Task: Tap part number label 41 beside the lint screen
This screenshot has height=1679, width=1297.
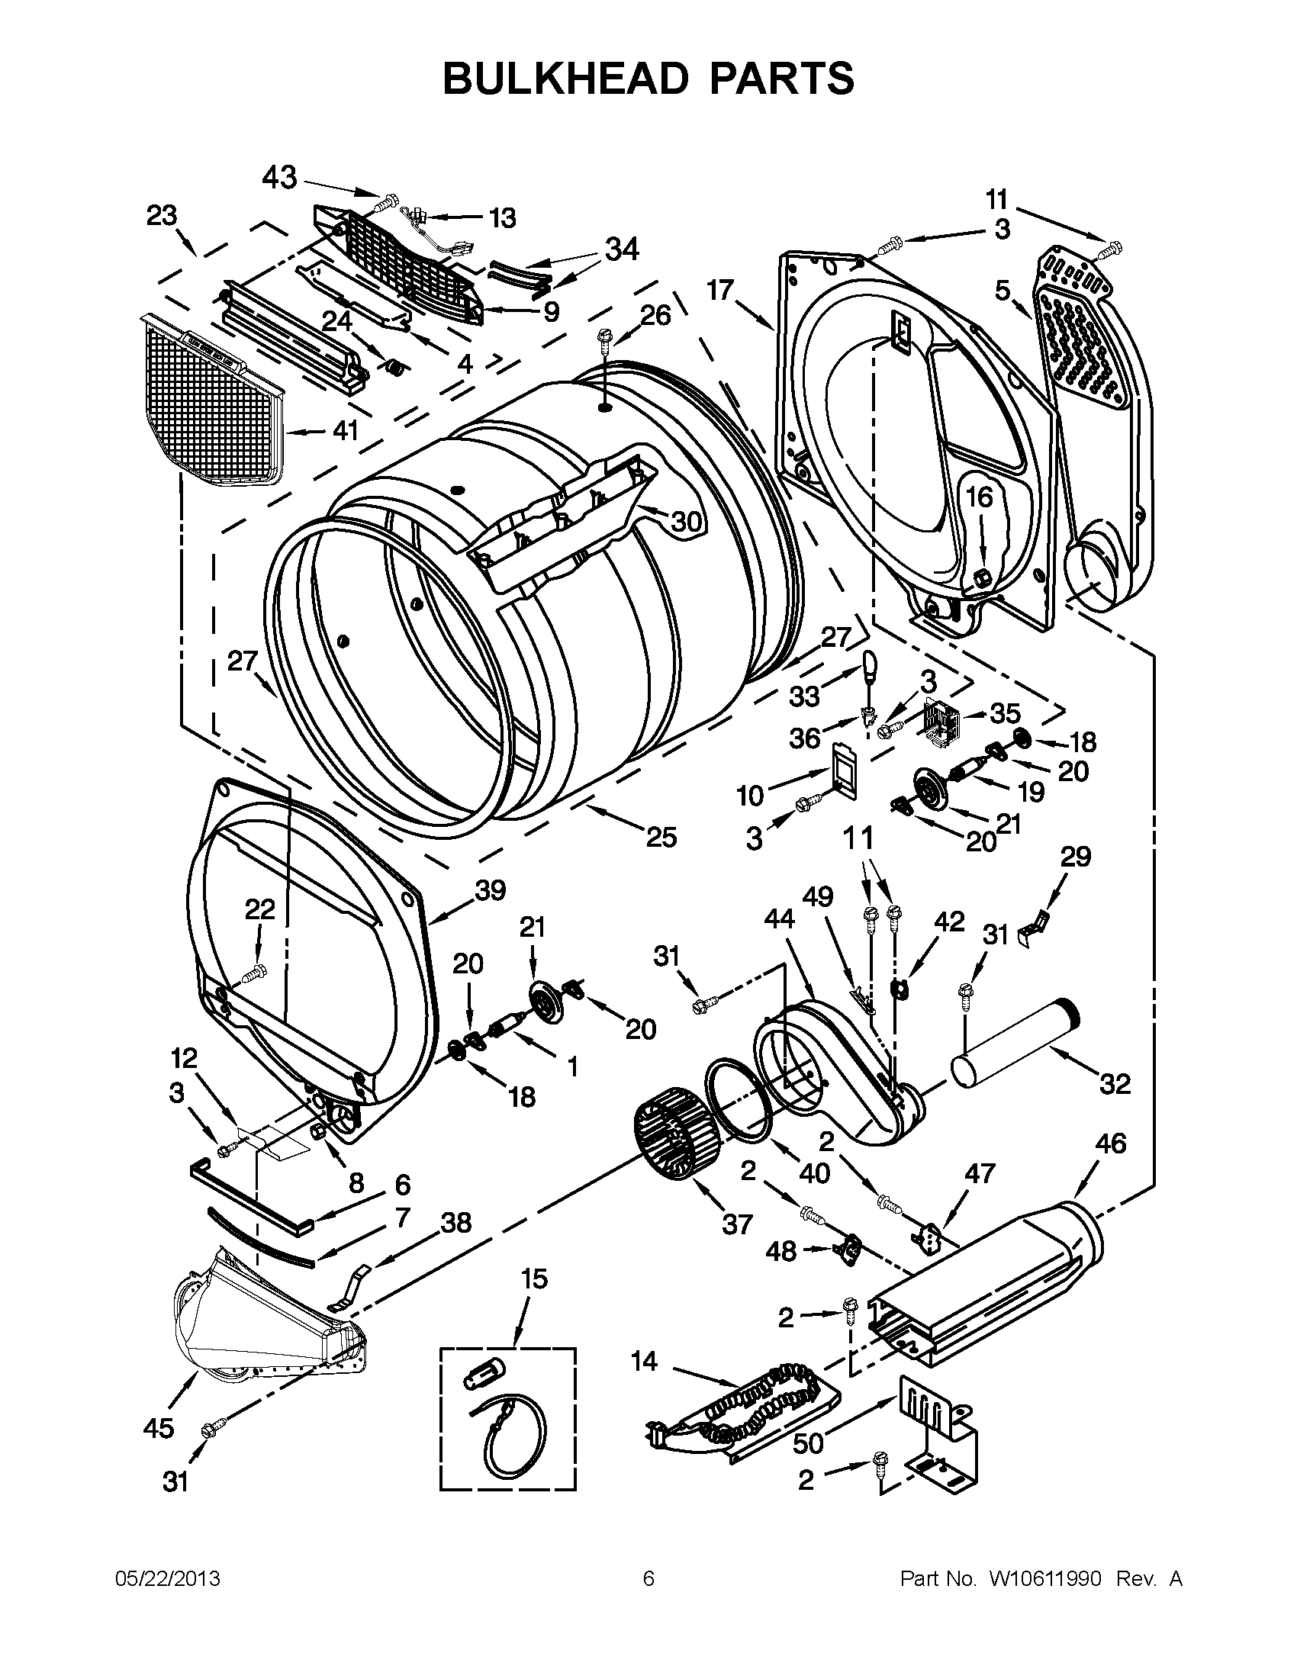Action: tap(346, 430)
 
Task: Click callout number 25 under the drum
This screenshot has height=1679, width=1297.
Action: tap(661, 837)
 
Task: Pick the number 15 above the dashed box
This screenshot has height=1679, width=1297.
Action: tap(534, 1279)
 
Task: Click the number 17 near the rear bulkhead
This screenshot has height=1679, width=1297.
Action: tap(720, 291)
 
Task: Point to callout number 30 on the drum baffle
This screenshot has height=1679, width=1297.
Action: tap(687, 522)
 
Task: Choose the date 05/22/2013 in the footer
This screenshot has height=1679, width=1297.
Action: tap(168, 1579)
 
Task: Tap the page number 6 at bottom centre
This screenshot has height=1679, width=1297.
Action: tap(648, 1579)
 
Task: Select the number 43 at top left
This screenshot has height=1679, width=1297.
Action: tap(279, 178)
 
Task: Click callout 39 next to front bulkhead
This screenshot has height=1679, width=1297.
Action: tap(490, 890)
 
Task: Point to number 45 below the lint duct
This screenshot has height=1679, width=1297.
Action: tap(159, 1428)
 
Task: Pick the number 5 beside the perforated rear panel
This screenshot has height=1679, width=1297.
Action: tap(1002, 291)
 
